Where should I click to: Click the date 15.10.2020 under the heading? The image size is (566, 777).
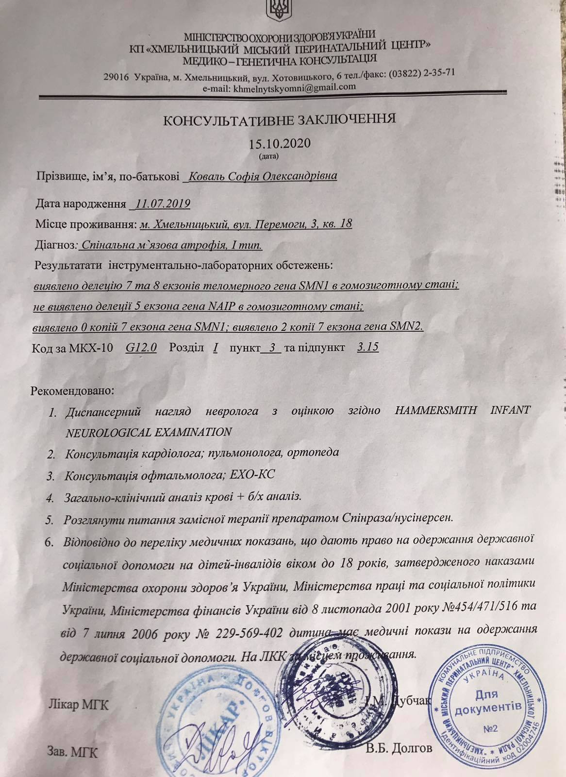pyautogui.click(x=279, y=145)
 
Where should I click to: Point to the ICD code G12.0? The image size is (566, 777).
pyautogui.click(x=140, y=348)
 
